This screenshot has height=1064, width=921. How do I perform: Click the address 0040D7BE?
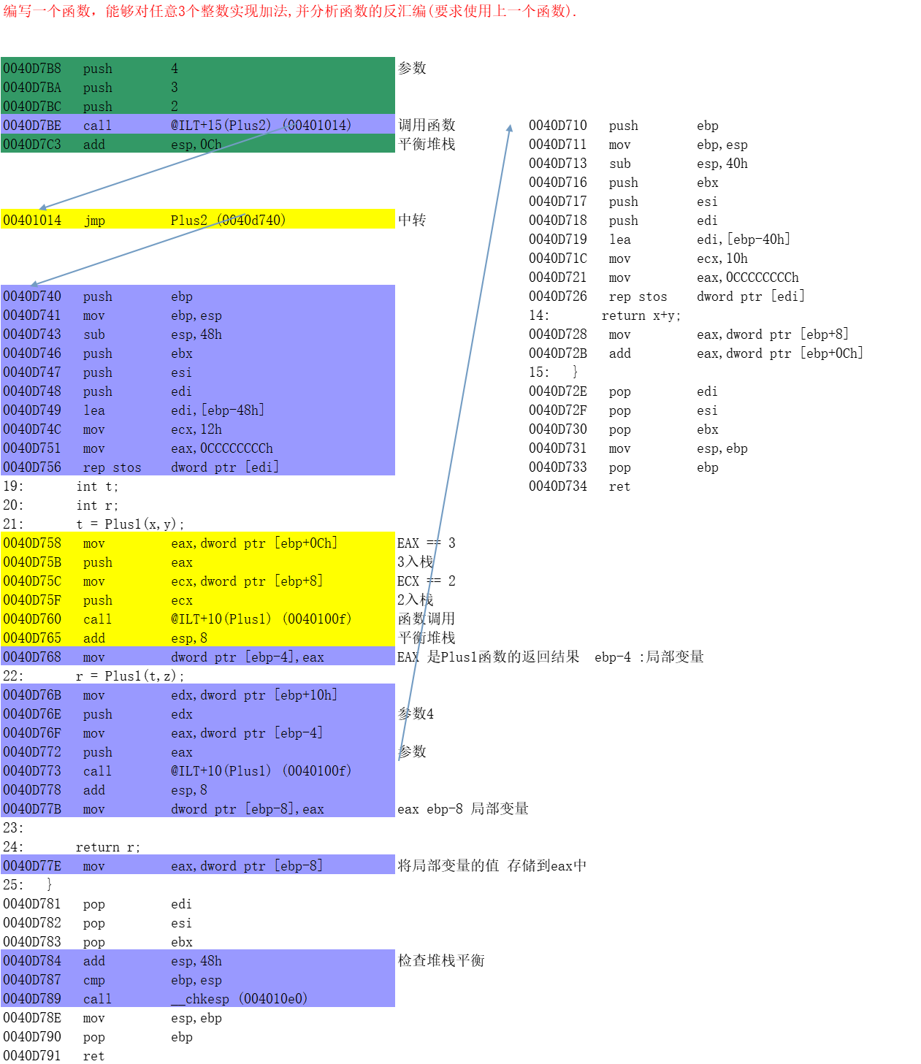pos(32,126)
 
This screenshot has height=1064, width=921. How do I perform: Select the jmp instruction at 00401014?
pos(94,221)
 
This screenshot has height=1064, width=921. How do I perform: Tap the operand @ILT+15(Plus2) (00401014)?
pos(261,126)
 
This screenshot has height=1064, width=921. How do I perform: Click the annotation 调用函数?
pos(427,125)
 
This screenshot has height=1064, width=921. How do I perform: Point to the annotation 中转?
pos(412,220)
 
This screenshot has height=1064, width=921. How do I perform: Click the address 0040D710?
pos(557,126)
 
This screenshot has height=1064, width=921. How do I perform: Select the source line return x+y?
pos(641,315)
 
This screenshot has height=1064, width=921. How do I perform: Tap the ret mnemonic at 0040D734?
pos(619,486)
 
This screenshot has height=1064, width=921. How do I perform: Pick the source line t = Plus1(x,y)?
pos(130,524)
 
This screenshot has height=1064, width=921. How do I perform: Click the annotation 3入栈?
pos(415,562)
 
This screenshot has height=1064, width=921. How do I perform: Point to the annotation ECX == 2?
pos(426,581)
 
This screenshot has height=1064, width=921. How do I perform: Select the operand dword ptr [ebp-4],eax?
pos(247,657)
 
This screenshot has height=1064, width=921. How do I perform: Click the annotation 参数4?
pos(416,713)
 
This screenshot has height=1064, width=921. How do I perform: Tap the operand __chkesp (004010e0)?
pos(239,999)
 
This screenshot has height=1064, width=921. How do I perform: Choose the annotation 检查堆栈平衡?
pos(441,960)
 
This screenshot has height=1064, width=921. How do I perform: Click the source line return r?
pos(107,847)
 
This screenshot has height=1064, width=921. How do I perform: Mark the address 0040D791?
pos(32,1056)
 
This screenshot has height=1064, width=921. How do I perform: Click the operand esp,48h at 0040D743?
pos(196,334)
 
